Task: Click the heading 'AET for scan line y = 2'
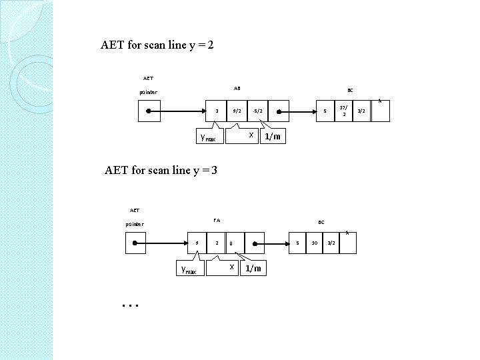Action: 157,46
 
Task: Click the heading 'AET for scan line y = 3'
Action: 161,170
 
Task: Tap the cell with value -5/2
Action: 258,111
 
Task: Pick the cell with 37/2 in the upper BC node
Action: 343,110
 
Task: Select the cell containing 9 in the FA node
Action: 197,243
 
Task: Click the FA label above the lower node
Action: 217,220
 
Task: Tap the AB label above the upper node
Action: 237,88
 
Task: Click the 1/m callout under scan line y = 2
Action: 272,137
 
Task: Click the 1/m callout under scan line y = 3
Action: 253,268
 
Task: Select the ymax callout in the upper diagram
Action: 208,137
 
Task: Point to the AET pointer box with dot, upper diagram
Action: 148,111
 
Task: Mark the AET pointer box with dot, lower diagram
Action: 136,243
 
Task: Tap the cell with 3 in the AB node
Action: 217,111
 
